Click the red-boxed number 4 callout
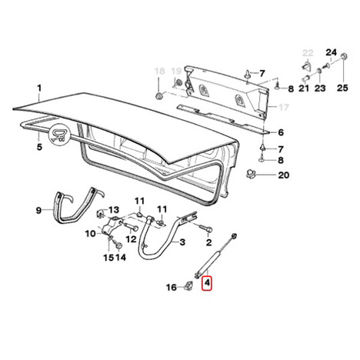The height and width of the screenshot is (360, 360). click(207, 283)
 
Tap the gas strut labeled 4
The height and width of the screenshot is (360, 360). click(215, 255)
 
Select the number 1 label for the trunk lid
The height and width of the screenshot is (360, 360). click(39, 88)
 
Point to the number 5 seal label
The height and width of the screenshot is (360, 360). click(39, 147)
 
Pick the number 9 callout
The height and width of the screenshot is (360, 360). click(38, 211)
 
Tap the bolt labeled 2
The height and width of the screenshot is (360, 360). click(206, 228)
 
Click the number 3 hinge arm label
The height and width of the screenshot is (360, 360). click(182, 242)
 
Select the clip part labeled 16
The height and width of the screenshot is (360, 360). click(189, 285)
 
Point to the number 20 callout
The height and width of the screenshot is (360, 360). click(284, 175)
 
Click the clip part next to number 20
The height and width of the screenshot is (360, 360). click(251, 174)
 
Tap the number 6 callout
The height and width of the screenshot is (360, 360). click(281, 132)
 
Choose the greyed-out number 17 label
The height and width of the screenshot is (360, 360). click(284, 107)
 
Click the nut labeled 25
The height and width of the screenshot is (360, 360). click(344, 55)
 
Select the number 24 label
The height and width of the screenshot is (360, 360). click(331, 52)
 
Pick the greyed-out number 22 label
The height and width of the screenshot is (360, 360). click(308, 53)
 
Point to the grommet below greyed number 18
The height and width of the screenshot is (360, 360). click(158, 96)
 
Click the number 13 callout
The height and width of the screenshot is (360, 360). click(114, 210)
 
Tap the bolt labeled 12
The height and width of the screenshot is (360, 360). click(132, 227)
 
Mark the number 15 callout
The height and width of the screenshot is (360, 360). click(108, 258)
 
